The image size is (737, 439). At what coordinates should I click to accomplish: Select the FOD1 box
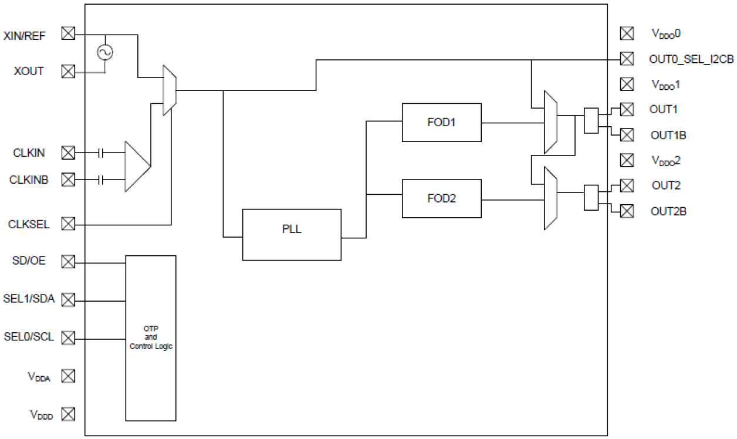click(x=441, y=122)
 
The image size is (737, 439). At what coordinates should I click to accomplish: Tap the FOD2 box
click(x=441, y=199)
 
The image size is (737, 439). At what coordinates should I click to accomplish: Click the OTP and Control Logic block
click(x=151, y=338)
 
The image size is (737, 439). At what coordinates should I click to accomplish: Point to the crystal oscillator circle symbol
click(x=106, y=53)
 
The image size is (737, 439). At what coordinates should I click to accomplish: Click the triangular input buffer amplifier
click(x=137, y=166)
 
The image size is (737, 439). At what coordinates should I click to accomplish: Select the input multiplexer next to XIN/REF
click(x=170, y=90)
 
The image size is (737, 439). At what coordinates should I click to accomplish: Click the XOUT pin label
click(x=29, y=72)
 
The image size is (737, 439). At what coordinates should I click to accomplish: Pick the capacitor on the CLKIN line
click(x=102, y=153)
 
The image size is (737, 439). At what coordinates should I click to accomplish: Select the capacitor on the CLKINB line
click(x=102, y=179)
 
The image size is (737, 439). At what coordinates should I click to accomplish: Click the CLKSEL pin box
click(x=69, y=224)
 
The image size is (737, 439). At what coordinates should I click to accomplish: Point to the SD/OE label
click(x=29, y=261)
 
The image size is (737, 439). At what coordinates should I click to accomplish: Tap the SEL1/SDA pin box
click(x=69, y=300)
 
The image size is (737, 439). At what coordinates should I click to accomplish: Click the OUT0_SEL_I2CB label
click(x=691, y=59)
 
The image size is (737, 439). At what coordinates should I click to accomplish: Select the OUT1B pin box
click(x=627, y=135)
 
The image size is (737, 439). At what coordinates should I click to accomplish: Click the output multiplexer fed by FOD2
click(x=550, y=198)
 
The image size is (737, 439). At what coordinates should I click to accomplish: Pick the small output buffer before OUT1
click(x=591, y=121)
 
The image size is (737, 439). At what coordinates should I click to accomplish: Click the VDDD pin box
click(x=69, y=414)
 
